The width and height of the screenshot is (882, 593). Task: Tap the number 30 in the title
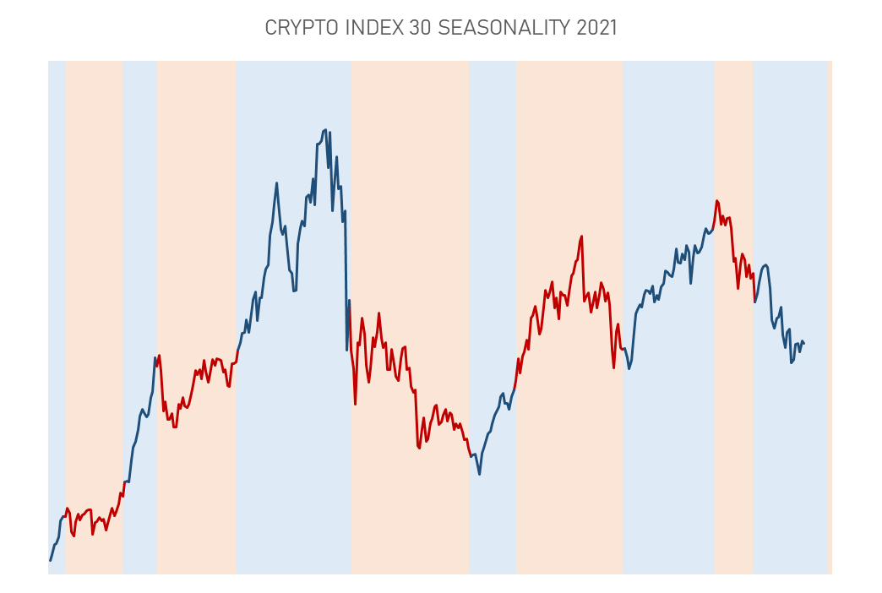[x=420, y=28]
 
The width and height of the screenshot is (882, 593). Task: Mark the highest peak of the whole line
[x=325, y=130]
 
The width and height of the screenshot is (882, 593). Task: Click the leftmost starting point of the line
[x=50, y=560]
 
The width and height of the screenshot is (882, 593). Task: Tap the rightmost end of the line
[x=803, y=343]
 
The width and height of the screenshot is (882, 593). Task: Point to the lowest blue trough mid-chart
[x=479, y=474]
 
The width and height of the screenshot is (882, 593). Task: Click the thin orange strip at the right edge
[x=830, y=318]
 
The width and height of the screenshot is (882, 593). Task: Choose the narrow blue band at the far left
[x=57, y=318]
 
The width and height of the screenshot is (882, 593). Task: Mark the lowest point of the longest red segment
[x=419, y=448]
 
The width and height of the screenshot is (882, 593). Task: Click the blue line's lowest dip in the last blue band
[x=792, y=362]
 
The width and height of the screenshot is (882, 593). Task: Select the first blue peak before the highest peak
[x=277, y=182]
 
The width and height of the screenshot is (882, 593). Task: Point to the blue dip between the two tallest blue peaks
[x=294, y=291]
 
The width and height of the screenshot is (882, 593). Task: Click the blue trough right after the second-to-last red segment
[x=629, y=368]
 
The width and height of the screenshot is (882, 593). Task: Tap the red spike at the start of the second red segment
[x=159, y=356]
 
